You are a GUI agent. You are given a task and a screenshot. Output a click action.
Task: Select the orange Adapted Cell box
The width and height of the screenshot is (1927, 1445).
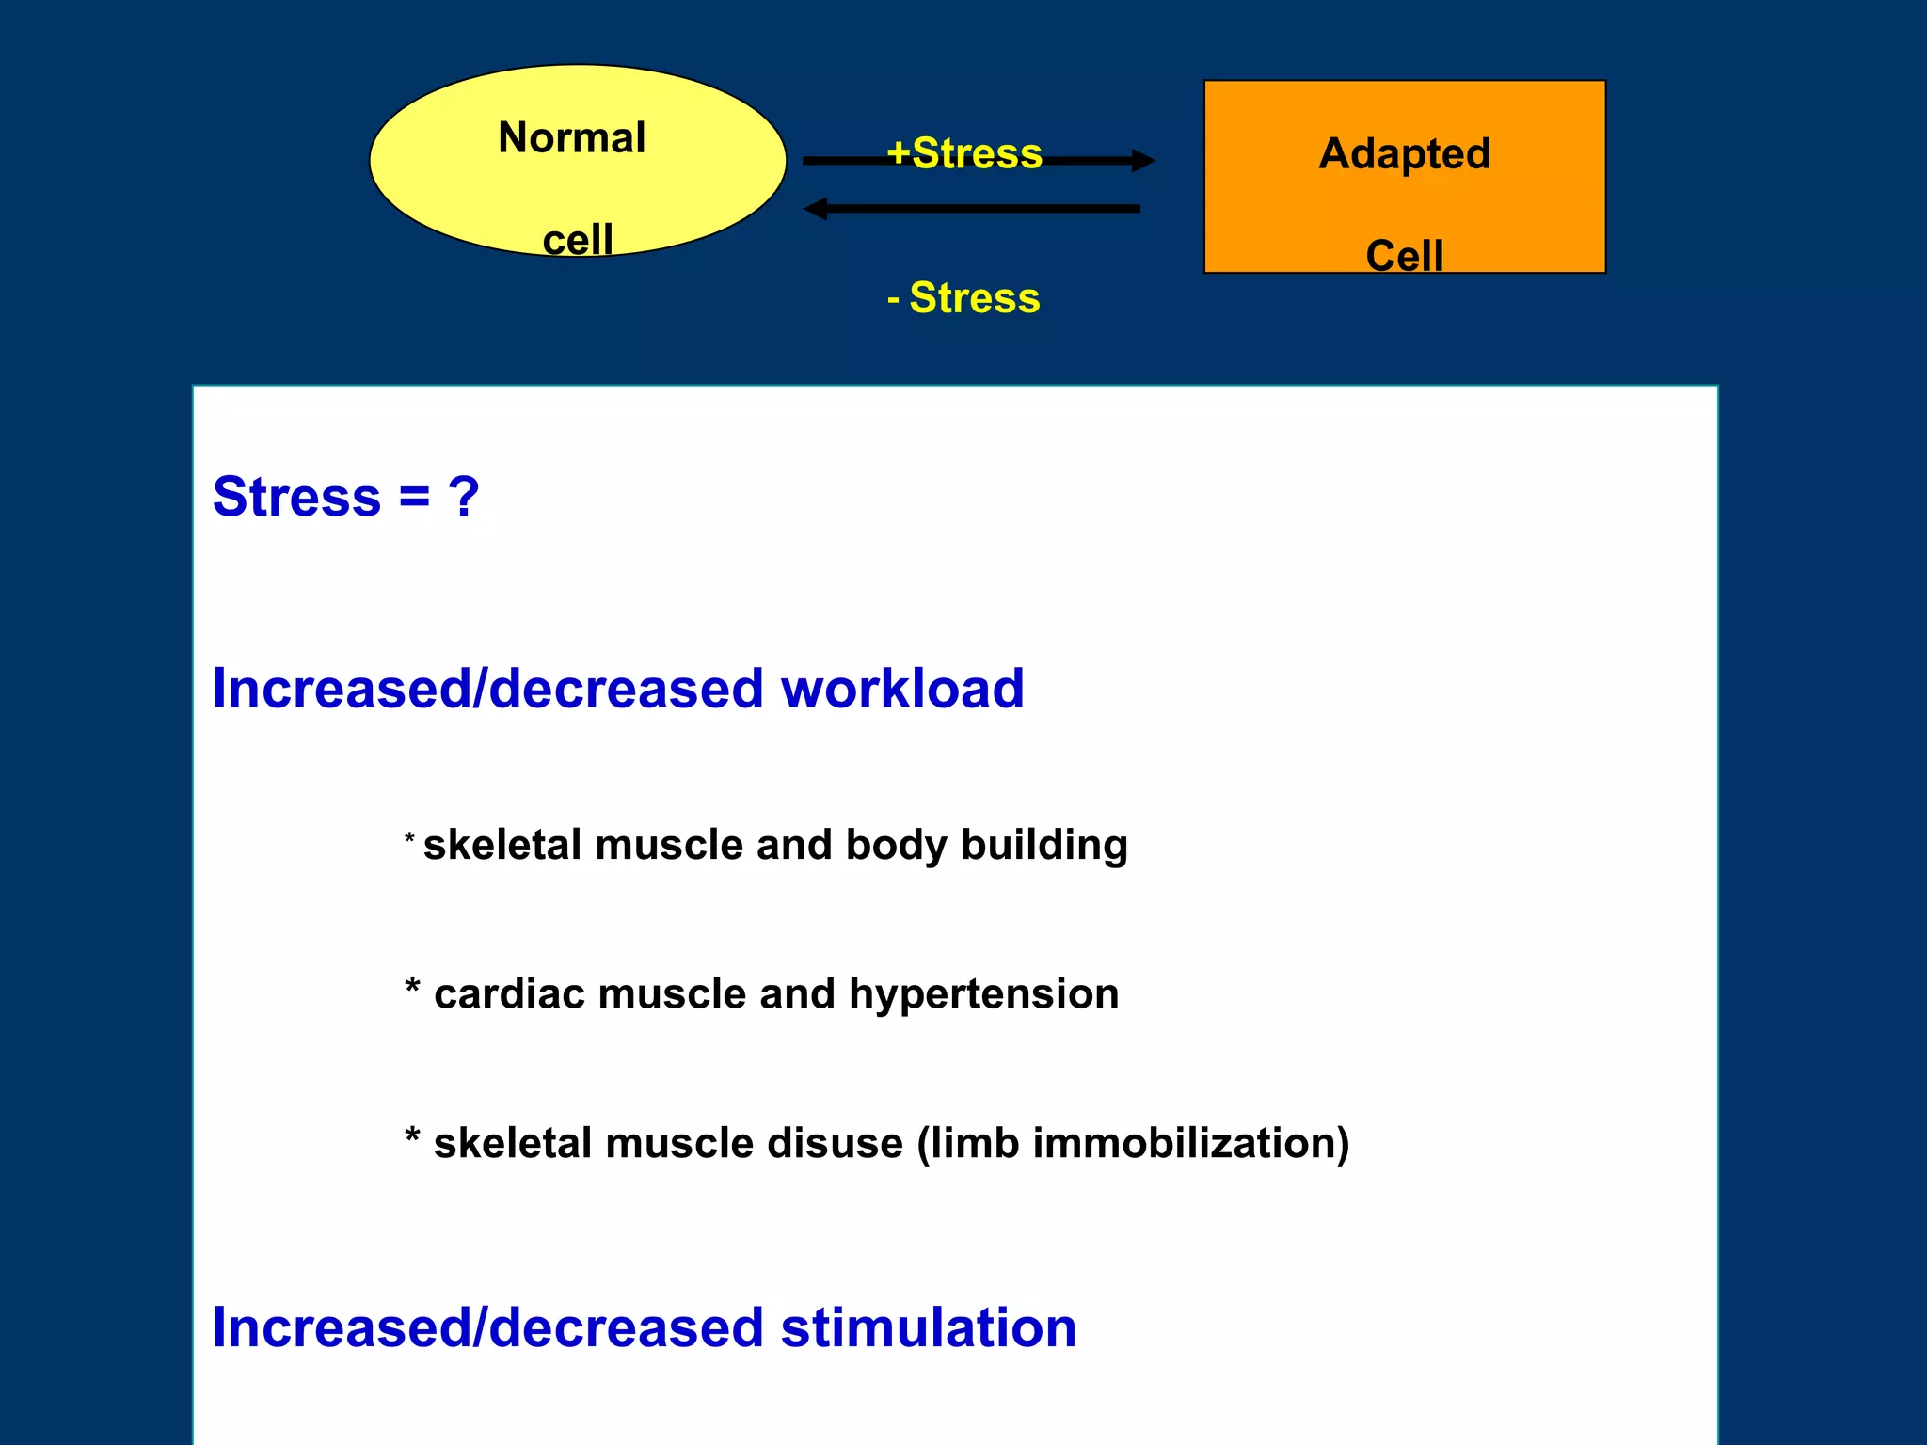pos(1404,202)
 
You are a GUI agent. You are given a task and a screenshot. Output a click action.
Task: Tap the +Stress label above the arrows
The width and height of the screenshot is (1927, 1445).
pos(964,152)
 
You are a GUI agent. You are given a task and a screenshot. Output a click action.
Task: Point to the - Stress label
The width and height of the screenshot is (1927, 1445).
pos(963,298)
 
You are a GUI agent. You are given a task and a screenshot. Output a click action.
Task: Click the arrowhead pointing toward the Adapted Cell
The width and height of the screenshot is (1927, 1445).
pos(1142,161)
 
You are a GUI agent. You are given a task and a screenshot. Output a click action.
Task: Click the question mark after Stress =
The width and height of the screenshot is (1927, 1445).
pos(463,497)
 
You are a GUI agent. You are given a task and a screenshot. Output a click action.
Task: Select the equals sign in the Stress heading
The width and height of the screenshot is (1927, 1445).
pos(414,497)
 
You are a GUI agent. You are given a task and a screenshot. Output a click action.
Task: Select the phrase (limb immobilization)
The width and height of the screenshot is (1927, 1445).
pos(1133,1144)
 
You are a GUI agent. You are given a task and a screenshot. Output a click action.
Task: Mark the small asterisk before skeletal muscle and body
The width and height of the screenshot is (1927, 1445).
pos(409,837)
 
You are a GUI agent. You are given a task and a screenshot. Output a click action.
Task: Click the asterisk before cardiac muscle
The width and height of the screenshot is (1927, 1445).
pos(412,988)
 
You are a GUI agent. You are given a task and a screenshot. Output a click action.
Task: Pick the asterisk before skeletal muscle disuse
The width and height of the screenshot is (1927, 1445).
pos(412,1137)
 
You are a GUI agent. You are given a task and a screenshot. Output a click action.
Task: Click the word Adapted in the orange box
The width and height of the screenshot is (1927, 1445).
pos(1404,153)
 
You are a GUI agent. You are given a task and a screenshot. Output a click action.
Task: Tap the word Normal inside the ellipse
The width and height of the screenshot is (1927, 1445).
pos(571,138)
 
